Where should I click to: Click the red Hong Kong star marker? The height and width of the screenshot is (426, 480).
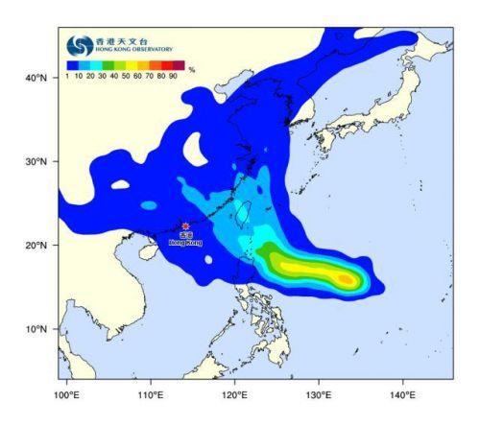(185, 226)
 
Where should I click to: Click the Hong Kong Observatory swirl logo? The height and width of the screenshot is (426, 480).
(79, 45)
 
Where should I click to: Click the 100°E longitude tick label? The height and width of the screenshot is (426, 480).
(67, 394)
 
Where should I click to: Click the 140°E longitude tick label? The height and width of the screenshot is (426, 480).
(403, 394)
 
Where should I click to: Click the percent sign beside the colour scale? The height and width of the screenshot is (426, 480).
(192, 69)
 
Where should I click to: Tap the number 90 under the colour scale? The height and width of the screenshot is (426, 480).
(173, 76)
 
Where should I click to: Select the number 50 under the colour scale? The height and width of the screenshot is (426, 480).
(126, 76)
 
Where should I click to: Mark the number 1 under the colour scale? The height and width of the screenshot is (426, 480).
(68, 76)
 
